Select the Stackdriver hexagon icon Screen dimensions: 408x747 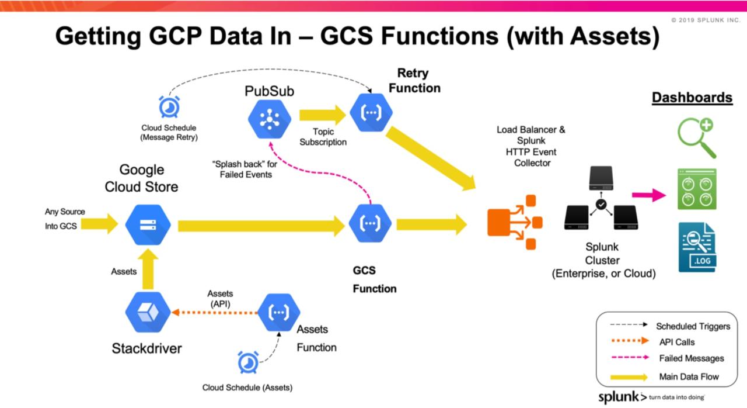(x=148, y=313)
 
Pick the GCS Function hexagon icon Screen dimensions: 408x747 (x=370, y=223)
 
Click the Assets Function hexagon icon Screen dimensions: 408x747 (x=279, y=313)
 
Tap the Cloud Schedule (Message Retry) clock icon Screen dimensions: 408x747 (x=169, y=107)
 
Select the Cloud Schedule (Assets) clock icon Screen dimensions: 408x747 (x=248, y=362)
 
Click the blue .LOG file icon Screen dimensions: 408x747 (x=697, y=247)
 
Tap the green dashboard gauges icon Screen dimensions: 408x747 (x=697, y=189)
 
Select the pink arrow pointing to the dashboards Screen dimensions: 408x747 (x=650, y=195)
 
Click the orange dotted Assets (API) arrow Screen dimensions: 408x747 (x=214, y=313)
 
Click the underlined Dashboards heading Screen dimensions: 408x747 (x=692, y=97)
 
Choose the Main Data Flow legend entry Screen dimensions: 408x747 (x=689, y=376)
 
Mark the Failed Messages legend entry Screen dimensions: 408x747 (x=691, y=358)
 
